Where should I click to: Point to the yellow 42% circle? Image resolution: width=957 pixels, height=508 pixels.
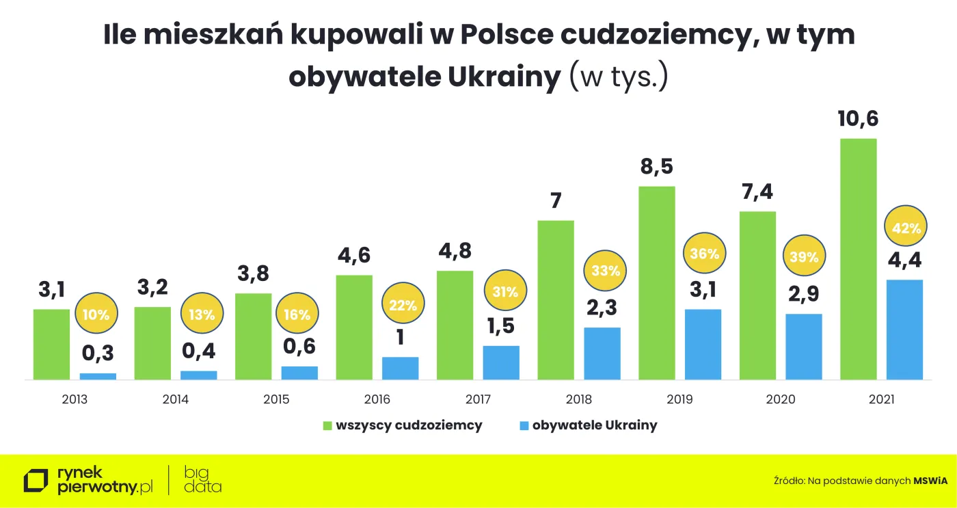coord(906,228)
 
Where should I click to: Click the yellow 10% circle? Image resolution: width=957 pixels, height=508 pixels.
coord(96,315)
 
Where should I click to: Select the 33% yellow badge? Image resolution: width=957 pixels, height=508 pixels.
coord(605,270)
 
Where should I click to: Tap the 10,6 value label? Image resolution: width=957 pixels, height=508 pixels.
coord(858,119)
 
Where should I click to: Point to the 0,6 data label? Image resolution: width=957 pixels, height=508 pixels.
coord(299,346)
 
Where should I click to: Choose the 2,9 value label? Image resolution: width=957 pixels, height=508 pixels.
coord(803,294)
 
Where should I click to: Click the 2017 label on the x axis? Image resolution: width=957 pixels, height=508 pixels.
coord(478,399)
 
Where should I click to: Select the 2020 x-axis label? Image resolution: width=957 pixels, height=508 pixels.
coord(781,399)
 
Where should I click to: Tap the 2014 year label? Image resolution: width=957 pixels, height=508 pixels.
coord(176,399)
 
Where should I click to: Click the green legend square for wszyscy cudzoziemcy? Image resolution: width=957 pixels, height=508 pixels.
coord(327,426)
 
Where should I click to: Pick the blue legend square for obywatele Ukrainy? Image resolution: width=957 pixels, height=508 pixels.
coord(524,426)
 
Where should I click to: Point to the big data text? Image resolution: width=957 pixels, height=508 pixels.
coord(203,479)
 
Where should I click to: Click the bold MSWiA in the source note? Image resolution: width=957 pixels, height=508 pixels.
coord(932,481)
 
